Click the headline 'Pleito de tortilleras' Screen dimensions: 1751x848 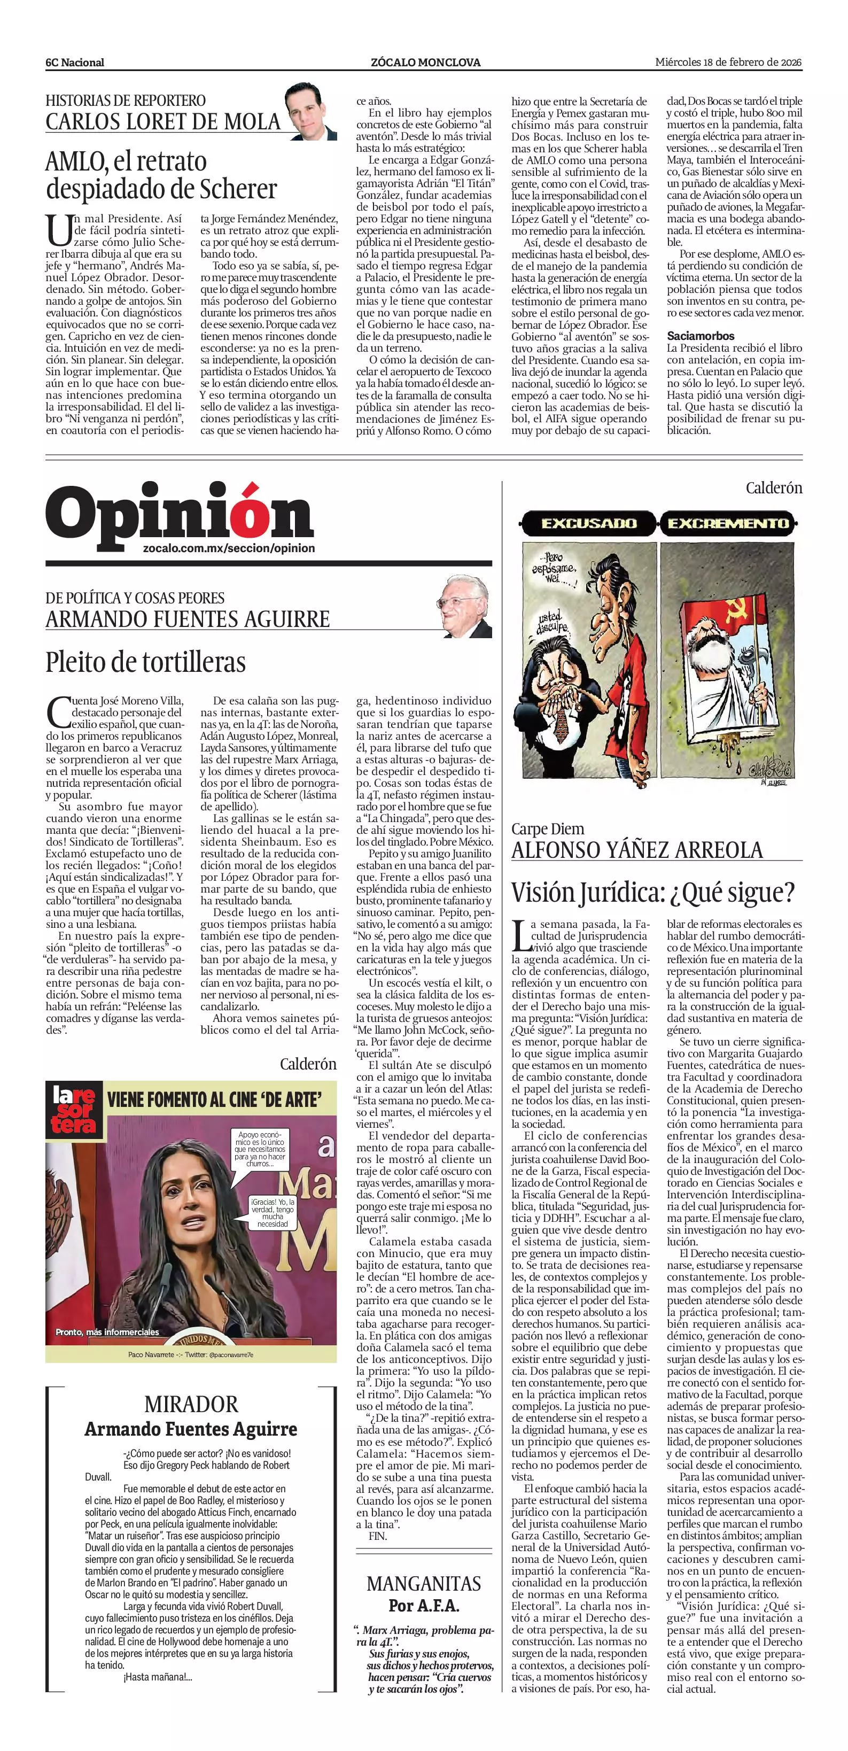click(x=145, y=661)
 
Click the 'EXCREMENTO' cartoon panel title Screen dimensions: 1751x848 click(x=728, y=523)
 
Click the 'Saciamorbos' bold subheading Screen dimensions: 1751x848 click(x=701, y=336)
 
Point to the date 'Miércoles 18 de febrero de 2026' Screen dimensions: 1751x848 click(x=728, y=62)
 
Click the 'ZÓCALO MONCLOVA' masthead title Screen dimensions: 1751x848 click(x=425, y=63)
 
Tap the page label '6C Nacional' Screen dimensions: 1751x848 click(x=75, y=63)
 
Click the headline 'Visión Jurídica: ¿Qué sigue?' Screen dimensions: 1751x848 click(x=653, y=893)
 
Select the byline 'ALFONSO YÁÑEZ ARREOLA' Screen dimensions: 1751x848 click(x=637, y=850)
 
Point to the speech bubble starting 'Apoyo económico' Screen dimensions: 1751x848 click(x=262, y=1148)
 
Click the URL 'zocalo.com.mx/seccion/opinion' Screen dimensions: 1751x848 click(x=229, y=548)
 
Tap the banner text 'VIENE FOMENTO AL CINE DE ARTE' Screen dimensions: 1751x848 click(x=214, y=1099)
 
